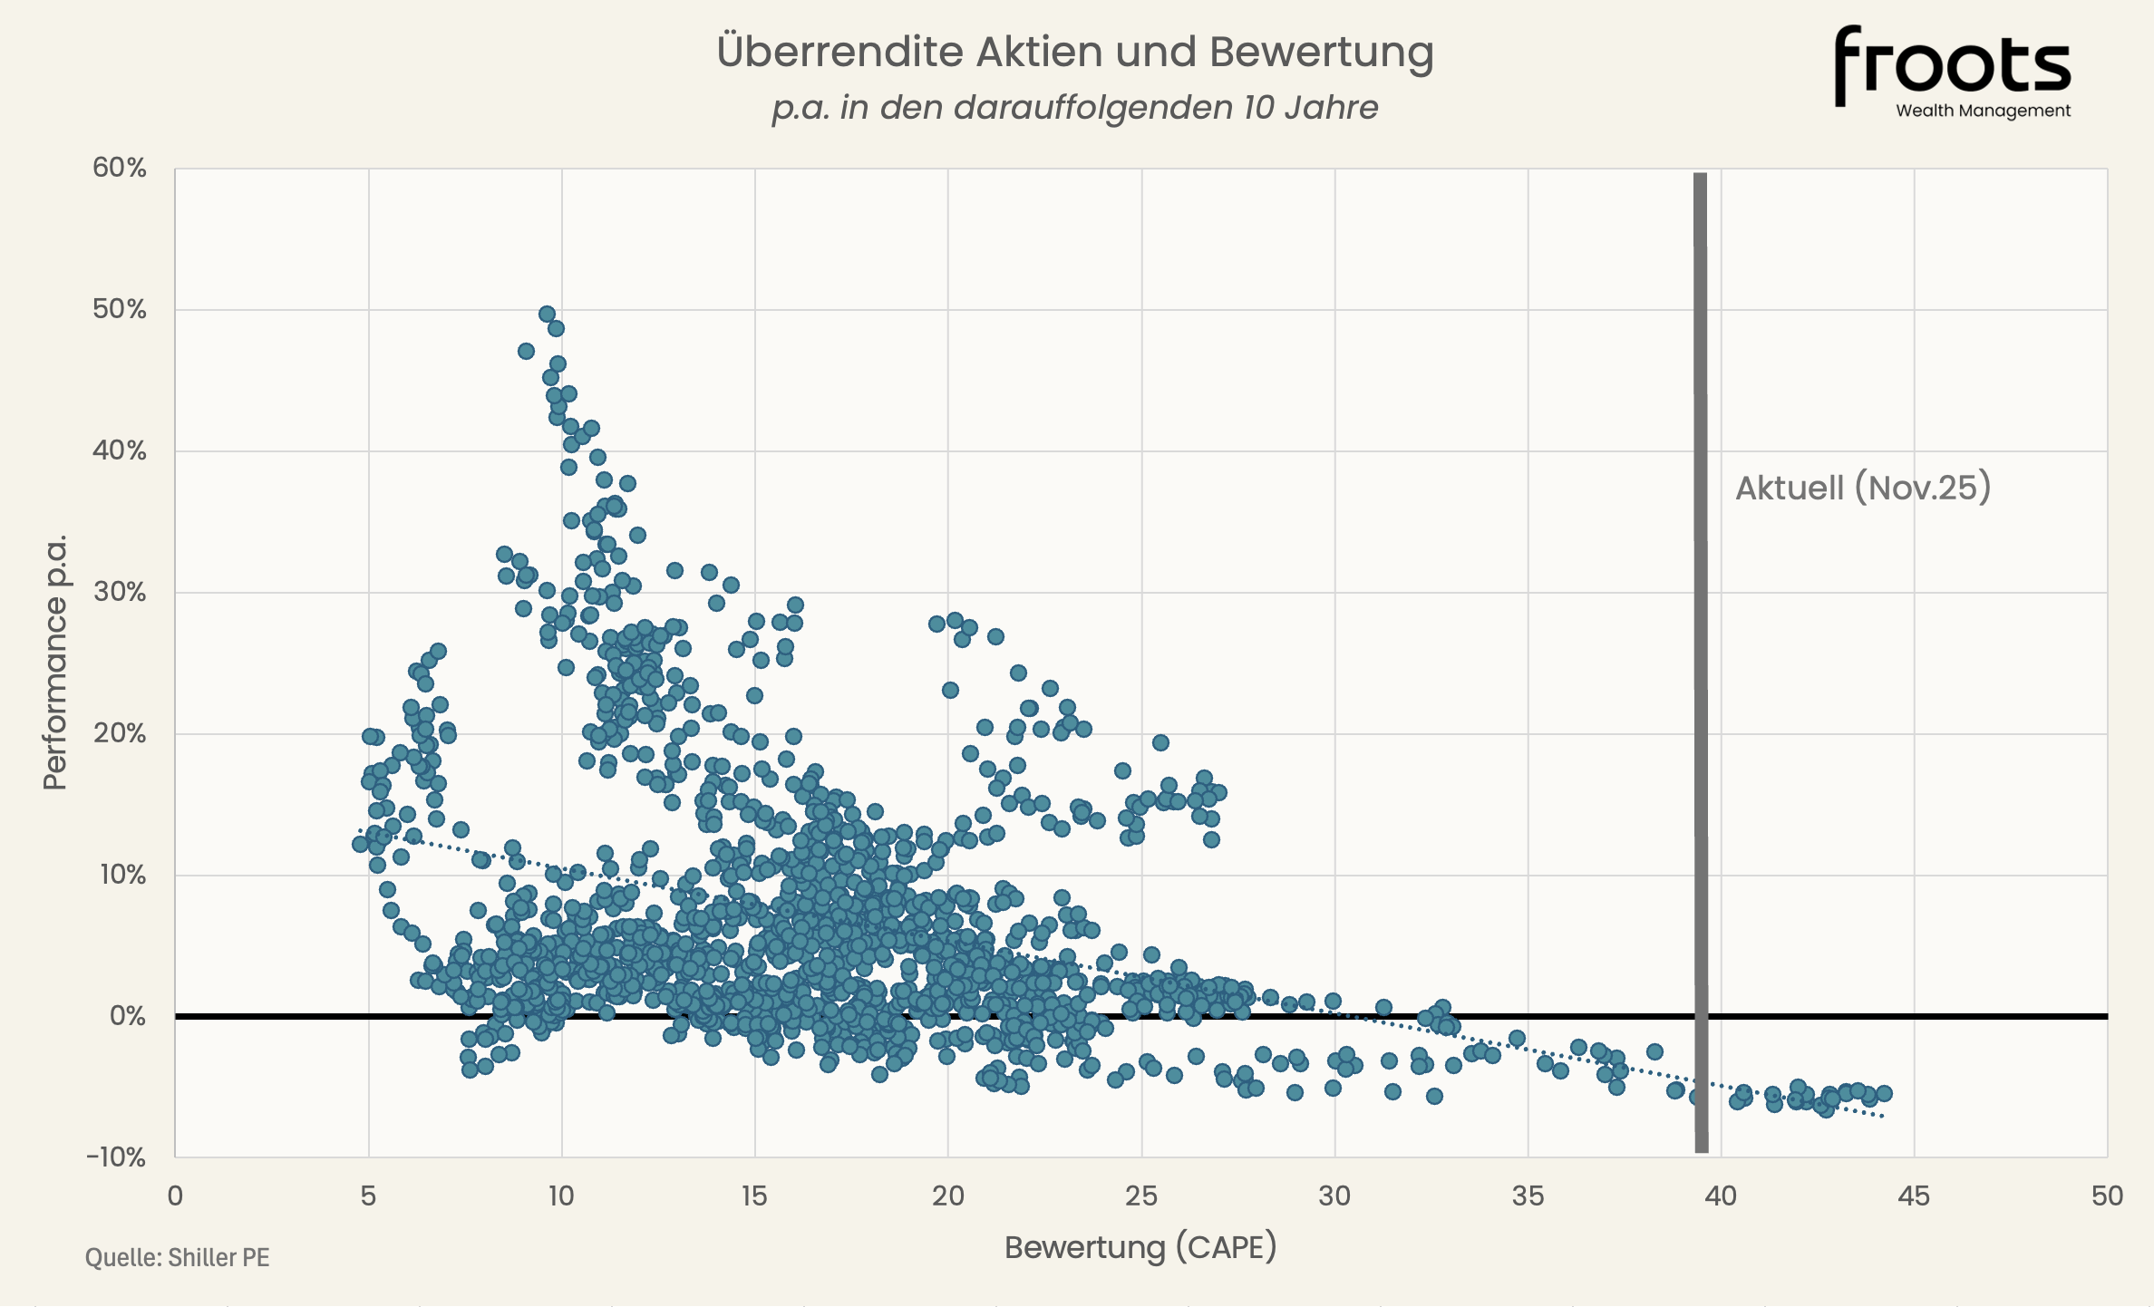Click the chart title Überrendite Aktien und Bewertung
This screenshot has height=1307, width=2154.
coord(1075,52)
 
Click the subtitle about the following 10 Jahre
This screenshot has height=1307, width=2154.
coord(1075,108)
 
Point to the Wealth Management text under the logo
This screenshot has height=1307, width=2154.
coord(1983,111)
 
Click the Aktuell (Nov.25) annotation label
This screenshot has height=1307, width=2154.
coord(1863,488)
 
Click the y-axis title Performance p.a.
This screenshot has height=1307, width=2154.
coord(55,662)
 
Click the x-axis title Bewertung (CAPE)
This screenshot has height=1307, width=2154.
coord(1140,1247)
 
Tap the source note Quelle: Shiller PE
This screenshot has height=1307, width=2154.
coord(178,1257)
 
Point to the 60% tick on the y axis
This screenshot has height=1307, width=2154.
coord(120,168)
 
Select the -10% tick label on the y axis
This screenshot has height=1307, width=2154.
coord(116,1157)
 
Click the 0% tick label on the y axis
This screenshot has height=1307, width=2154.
coord(127,1016)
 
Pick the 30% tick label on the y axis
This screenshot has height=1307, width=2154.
coord(120,592)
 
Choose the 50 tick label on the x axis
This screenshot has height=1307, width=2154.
coord(2107,1196)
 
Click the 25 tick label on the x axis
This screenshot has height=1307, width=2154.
coord(1140,1196)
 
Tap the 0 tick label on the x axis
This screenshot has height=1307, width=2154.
coord(175,1196)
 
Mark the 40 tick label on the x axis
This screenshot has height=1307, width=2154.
coord(1721,1196)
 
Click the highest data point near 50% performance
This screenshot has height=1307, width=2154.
coord(547,314)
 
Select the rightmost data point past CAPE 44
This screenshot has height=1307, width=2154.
coord(1884,1093)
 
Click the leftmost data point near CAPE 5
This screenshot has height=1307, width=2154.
coord(360,844)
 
